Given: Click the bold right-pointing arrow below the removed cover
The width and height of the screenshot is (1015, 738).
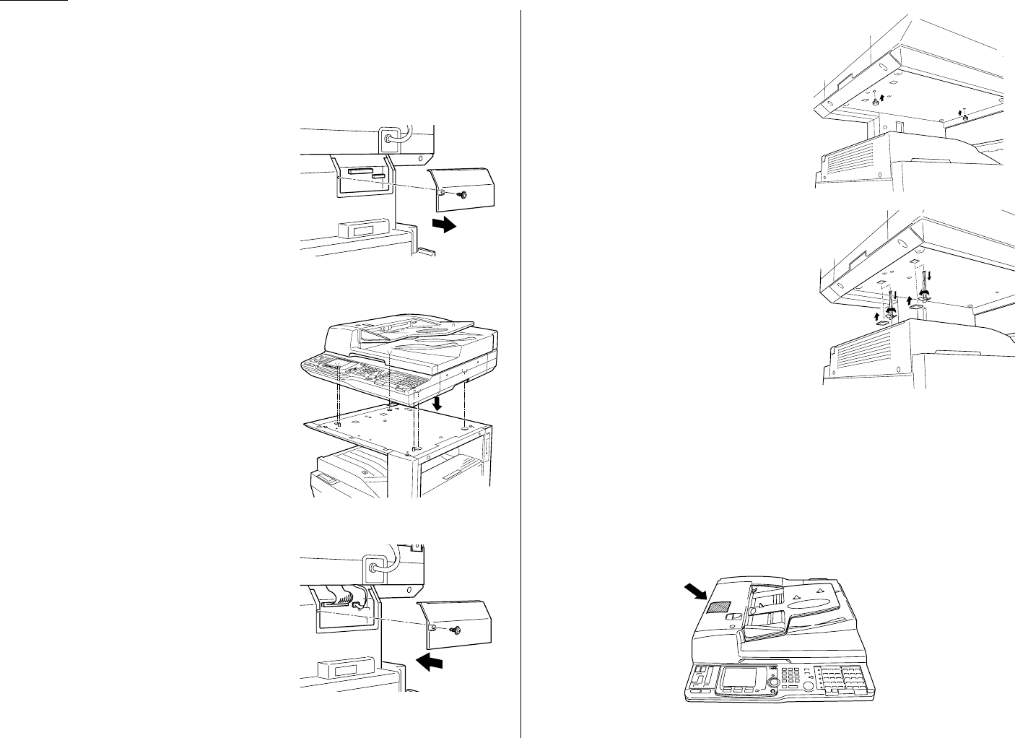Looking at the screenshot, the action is [442, 225].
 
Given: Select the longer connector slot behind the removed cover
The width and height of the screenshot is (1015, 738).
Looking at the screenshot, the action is [360, 172].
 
